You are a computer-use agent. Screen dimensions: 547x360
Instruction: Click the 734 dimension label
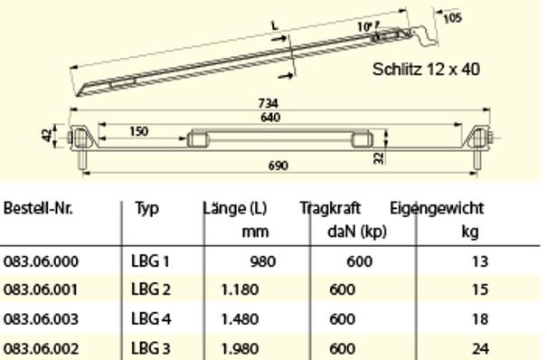(x=268, y=103)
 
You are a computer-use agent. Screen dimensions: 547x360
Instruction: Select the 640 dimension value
(x=270, y=118)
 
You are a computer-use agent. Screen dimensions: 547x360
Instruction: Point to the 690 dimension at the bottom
(x=278, y=166)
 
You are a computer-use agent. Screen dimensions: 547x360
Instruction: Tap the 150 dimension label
(x=139, y=131)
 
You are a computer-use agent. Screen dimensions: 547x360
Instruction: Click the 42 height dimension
(x=47, y=135)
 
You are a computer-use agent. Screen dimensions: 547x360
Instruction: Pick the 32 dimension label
(x=379, y=158)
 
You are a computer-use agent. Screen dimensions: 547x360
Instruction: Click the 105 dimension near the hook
(x=452, y=17)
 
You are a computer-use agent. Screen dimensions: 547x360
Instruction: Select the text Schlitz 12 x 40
(x=426, y=69)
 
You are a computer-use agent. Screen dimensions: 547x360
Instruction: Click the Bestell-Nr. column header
(x=38, y=208)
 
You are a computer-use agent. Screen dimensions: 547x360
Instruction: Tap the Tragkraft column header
(x=330, y=208)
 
